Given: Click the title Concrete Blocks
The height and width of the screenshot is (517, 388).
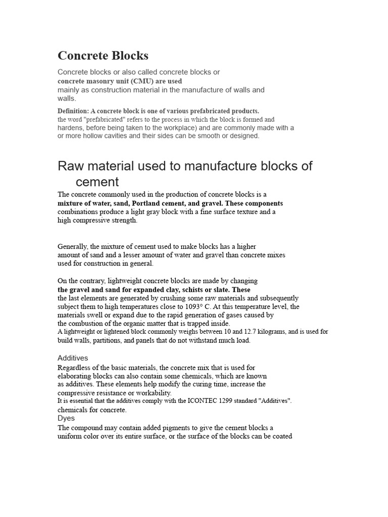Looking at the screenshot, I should pyautogui.click(x=103, y=56).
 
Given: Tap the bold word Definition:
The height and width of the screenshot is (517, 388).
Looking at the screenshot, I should pyautogui.click(x=73, y=111).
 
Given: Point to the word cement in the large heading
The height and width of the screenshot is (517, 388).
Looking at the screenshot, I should pyautogui.click(x=97, y=182).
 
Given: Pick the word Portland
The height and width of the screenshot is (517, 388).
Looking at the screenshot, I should pyautogui.click(x=149, y=203).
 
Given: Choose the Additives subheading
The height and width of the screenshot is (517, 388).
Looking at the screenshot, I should pyautogui.click(x=73, y=358).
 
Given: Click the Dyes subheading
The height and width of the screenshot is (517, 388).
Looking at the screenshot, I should pyautogui.click(x=66, y=418).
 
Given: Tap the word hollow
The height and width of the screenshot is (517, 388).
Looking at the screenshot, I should pyautogui.click(x=91, y=136).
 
